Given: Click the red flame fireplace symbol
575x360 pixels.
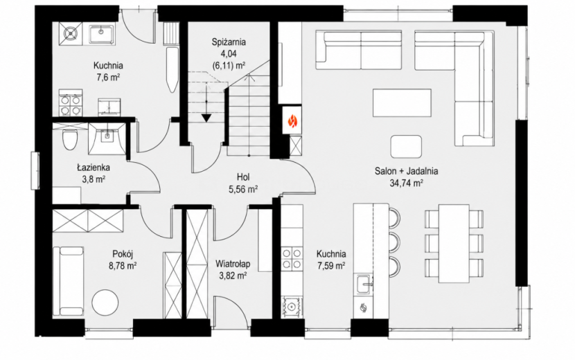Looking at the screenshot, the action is pos(292,120).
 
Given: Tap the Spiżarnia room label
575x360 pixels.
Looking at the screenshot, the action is pos(229,42).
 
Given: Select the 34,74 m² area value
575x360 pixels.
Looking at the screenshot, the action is pos(407,183).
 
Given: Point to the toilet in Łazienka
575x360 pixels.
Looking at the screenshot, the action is pos(69,139).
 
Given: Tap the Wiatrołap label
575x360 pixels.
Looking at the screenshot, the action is pos(233,263).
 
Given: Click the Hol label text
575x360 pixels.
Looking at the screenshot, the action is pos(243,177).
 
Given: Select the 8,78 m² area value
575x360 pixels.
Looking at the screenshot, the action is pos(123,266).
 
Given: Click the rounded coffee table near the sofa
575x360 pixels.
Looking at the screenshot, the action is pos(406,147).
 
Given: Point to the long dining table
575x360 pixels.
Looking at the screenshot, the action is pos(454,244).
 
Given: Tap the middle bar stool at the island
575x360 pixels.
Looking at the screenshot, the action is pos(394,242).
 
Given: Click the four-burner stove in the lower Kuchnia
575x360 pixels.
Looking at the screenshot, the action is pos(292,258).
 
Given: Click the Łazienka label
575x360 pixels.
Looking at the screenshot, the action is pos(93,168).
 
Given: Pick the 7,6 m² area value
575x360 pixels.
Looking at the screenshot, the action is pos(107,78).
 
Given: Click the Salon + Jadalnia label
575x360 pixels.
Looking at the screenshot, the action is pos(407,170).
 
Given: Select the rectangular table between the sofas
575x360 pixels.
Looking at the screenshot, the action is pos(402,103).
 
